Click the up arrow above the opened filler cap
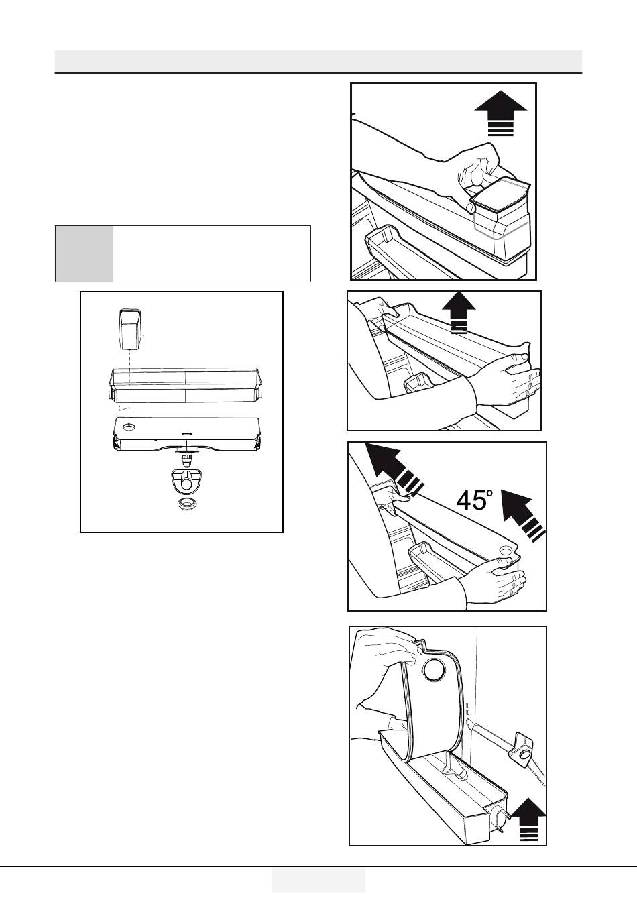[x=501, y=113]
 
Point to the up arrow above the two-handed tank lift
[x=459, y=313]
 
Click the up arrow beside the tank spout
[x=528, y=819]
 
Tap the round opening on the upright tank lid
[x=436, y=671]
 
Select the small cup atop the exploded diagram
[x=130, y=329]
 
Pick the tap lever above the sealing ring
[x=186, y=481]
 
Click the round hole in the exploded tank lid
[x=129, y=427]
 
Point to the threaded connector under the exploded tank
[x=186, y=457]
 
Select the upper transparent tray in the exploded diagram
[x=186, y=385]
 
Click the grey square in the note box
[x=84, y=253]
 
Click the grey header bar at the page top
[x=318, y=61]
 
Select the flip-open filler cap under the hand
[x=501, y=196]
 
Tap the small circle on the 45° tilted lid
[x=506, y=550]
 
